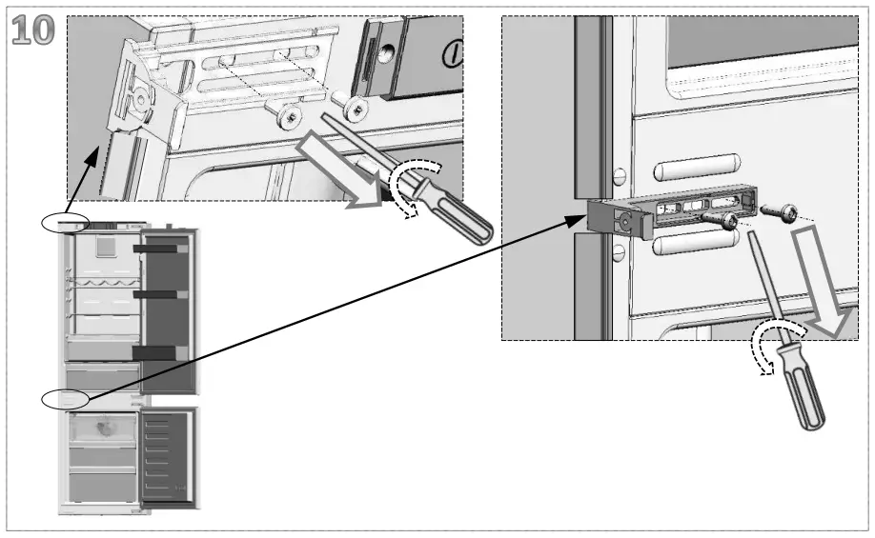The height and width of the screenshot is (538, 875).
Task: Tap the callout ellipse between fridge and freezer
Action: pyautogui.click(x=65, y=398)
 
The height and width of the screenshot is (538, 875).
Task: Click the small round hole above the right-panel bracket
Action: pyautogui.click(x=619, y=175)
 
